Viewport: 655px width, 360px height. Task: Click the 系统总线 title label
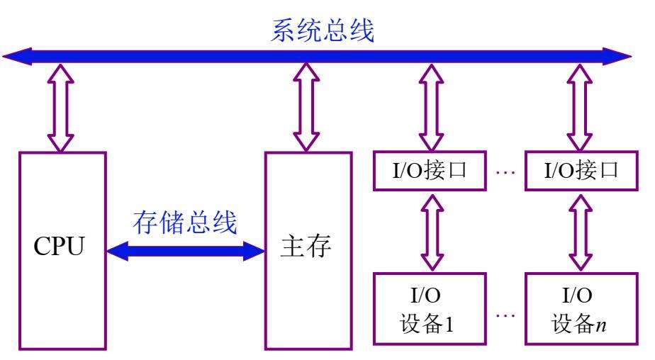point(323,30)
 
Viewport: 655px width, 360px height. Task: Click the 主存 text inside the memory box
point(307,249)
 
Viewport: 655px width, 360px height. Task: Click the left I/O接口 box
point(430,171)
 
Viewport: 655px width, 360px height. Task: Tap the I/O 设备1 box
point(430,310)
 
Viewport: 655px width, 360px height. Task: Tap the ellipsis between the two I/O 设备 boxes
point(505,312)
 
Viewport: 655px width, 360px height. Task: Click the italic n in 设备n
point(601,327)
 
